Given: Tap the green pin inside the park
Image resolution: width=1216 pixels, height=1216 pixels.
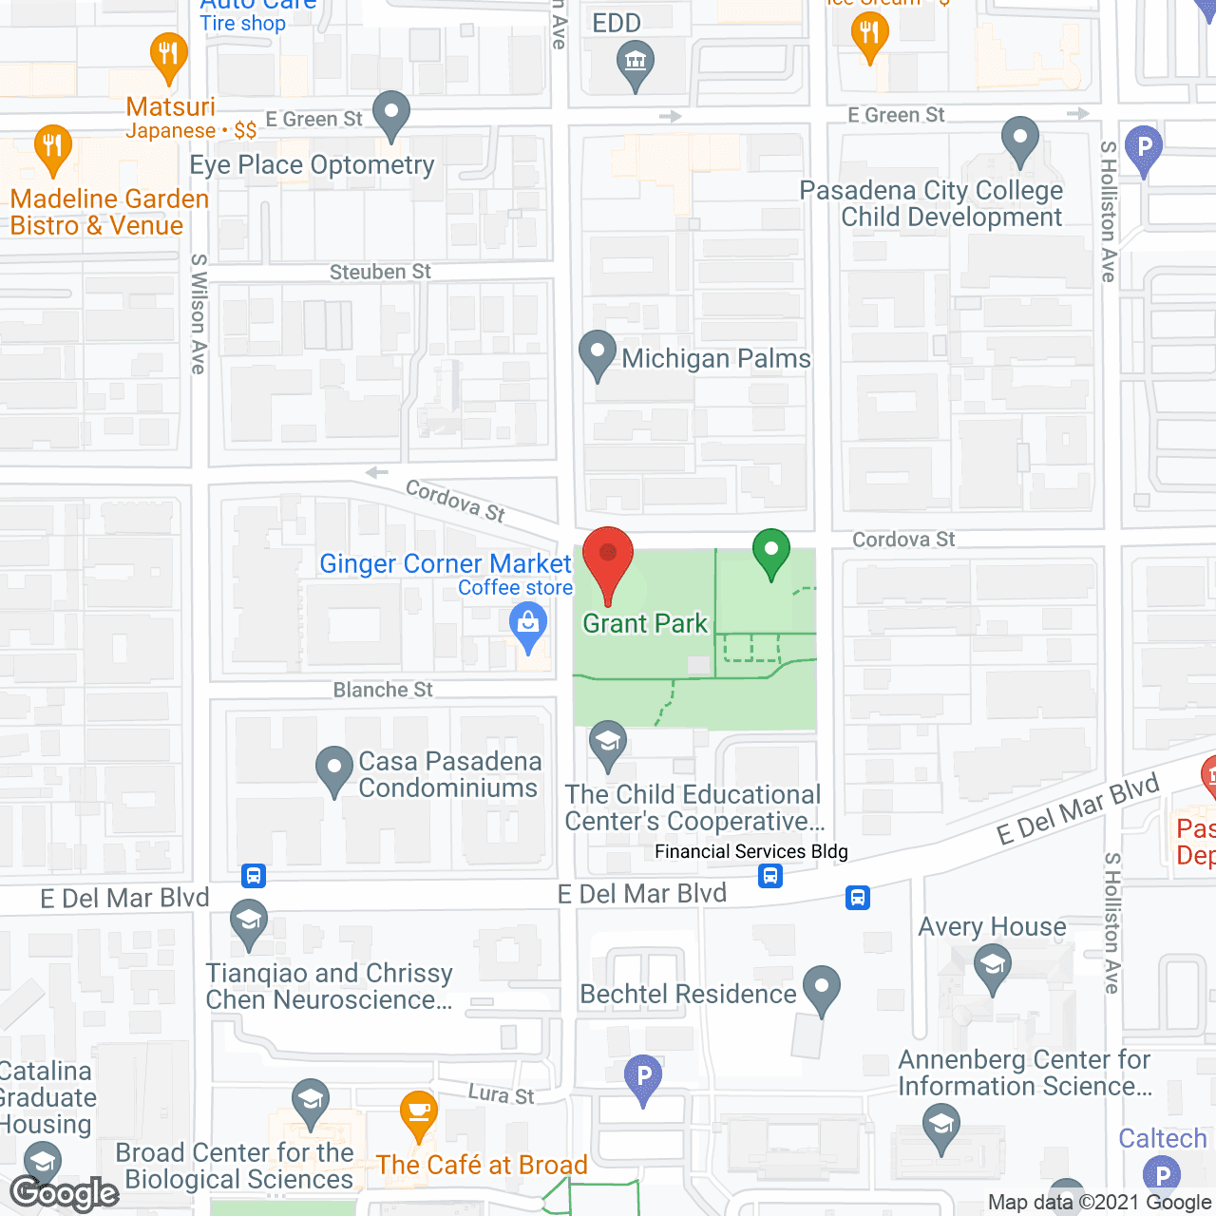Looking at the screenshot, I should point(771,551).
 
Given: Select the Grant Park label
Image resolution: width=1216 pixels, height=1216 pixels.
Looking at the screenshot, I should point(645,624).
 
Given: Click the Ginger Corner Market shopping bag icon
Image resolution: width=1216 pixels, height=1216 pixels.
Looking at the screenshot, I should point(528,626).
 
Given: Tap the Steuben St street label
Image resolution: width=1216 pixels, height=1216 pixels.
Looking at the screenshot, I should point(380,273).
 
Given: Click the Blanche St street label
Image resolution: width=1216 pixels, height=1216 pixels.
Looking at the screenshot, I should point(383,691).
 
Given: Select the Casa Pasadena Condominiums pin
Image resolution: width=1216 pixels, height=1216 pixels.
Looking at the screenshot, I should point(333,769).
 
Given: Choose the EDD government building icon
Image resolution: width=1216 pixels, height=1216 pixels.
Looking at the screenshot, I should point(636,66).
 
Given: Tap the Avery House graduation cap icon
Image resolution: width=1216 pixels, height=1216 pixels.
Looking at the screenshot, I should point(993,967).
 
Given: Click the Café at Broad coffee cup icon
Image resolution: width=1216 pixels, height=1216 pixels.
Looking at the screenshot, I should point(418,1113).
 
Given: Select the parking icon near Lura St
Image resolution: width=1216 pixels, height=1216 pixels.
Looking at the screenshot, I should point(643,1078).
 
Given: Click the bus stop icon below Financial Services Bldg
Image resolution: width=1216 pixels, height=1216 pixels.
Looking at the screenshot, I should point(770,876).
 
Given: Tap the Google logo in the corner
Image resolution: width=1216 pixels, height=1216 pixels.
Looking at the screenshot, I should point(65,1193).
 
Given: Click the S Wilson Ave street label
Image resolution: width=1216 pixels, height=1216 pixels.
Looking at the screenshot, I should point(199,313).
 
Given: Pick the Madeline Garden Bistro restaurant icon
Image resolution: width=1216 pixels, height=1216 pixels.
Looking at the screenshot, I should point(53,147).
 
